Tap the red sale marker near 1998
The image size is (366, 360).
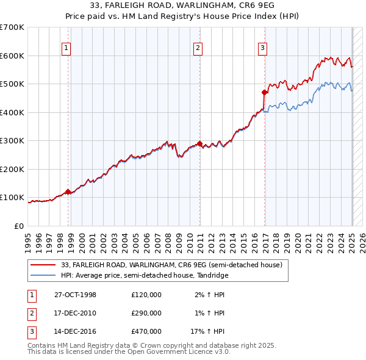(68, 192)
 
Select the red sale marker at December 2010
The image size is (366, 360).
(200, 143)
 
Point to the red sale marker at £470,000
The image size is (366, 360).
(264, 93)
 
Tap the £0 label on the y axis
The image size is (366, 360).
(18, 226)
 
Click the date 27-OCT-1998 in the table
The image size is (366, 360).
(75, 295)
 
